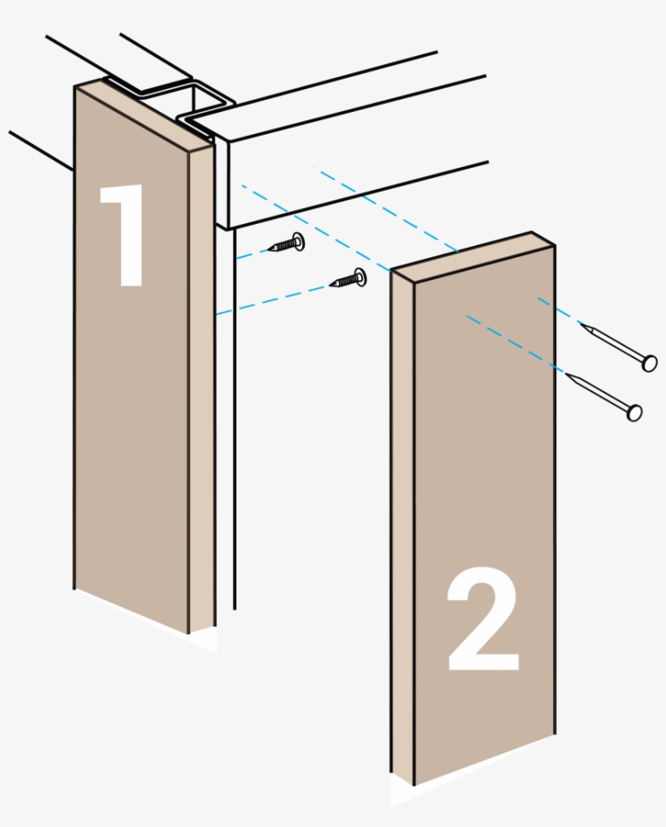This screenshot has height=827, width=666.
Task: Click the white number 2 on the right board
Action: pos(482,621)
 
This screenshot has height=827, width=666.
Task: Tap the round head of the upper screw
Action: pos(297,241)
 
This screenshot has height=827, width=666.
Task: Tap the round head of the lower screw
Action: pos(358,278)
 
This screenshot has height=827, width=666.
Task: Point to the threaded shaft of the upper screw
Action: pos(280,245)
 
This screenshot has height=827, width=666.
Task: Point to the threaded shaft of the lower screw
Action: pos(343,282)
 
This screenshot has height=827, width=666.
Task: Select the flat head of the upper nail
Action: pos(649,363)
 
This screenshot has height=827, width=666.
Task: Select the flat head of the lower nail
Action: pos(634,412)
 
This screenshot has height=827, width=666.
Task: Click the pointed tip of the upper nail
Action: pos(582,325)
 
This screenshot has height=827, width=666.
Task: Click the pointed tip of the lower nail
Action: pos(568,374)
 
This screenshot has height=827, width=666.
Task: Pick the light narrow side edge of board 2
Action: pos(402,528)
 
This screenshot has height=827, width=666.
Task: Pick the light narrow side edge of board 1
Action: pos(201,390)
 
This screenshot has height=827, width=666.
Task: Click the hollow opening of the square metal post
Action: pos(201,101)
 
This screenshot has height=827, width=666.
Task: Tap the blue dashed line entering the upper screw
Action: pos(252,252)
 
